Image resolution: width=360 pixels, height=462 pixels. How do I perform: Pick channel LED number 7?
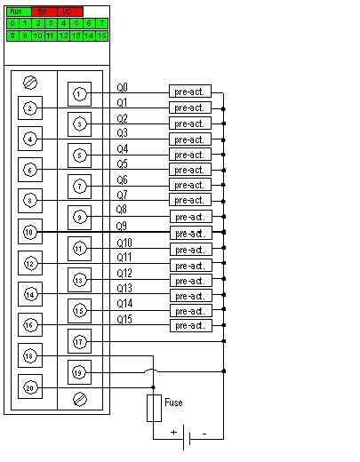click(x=102, y=22)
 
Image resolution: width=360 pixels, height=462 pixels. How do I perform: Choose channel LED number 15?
click(x=102, y=35)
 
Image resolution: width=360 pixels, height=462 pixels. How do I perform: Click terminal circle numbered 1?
click(x=79, y=93)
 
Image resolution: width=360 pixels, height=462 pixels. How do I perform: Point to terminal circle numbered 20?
click(x=30, y=387)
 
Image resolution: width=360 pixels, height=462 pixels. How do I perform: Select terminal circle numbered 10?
click(x=30, y=232)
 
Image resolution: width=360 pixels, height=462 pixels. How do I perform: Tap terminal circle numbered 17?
click(x=79, y=341)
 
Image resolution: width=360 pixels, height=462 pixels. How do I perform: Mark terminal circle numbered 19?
click(x=79, y=372)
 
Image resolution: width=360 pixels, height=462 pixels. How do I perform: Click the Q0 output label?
click(x=123, y=88)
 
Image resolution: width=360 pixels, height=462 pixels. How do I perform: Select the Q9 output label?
click(x=123, y=227)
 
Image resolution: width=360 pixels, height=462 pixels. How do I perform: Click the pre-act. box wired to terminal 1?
click(x=189, y=92)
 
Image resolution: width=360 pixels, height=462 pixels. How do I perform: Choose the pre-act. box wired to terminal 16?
click(x=189, y=325)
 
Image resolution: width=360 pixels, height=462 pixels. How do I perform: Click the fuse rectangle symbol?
click(x=153, y=409)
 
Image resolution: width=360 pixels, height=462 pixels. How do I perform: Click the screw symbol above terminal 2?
click(x=30, y=82)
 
